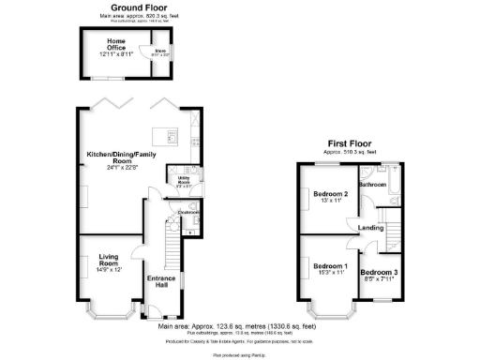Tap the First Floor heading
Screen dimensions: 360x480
pyautogui.click(x=346, y=143)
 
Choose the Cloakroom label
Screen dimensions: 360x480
pyautogui.click(x=188, y=213)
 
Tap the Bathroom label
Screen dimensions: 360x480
pyautogui.click(x=372, y=185)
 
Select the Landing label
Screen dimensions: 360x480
pyautogui.click(x=370, y=228)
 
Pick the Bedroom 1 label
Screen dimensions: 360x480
pyautogui.click(x=330, y=267)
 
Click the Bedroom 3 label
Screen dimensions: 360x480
pyautogui.click(x=381, y=273)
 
